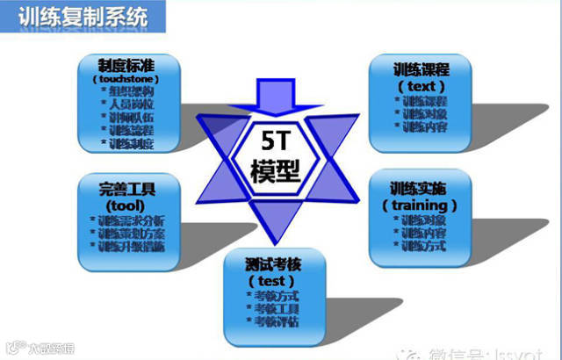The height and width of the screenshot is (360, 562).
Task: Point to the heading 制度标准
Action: pos(127,66)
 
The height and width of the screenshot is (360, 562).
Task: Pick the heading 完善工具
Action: pos(127,188)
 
